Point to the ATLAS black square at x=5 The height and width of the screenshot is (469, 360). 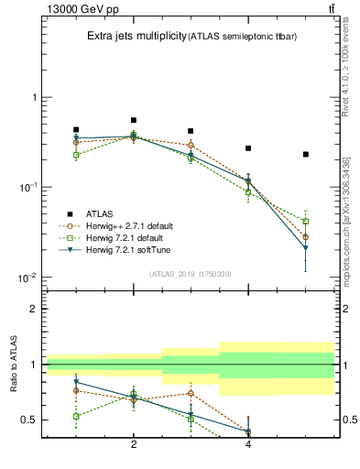click(x=306, y=154)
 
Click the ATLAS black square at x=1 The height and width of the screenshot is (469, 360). click(x=76, y=130)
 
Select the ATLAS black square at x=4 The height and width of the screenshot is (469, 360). click(x=248, y=148)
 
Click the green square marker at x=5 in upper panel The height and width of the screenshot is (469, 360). click(x=306, y=222)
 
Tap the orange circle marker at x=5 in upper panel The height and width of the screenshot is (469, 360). click(x=306, y=236)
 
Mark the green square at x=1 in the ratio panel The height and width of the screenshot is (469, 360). click(x=76, y=416)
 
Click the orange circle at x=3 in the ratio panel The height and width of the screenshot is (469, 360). click(x=191, y=393)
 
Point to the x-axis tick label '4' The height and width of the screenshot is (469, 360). click(x=248, y=445)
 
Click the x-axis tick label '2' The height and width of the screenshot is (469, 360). click(x=134, y=445)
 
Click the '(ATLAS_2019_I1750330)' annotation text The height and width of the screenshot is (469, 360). click(x=190, y=273)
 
